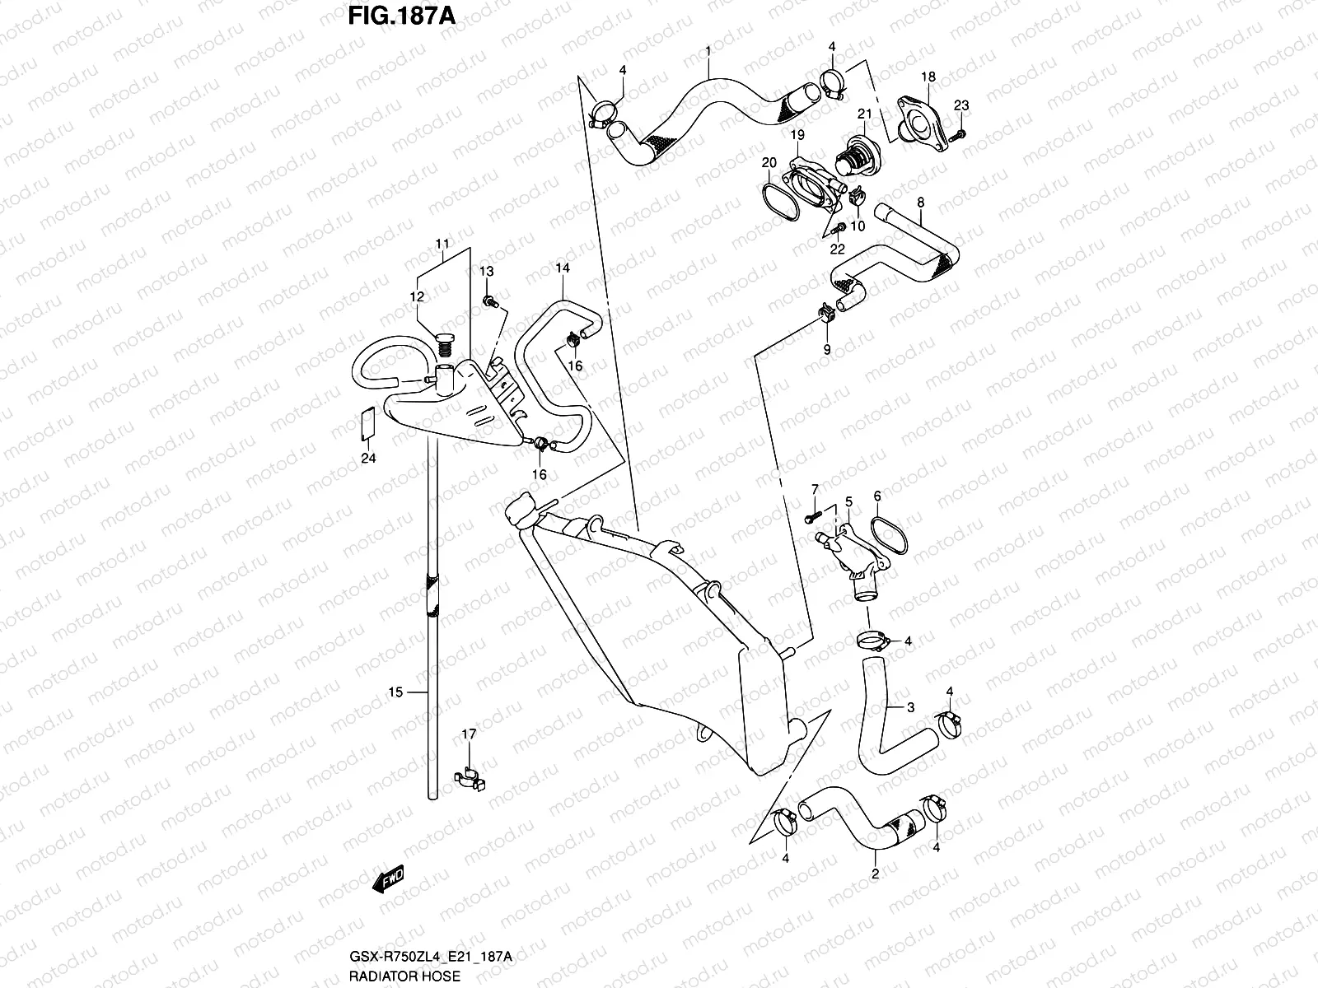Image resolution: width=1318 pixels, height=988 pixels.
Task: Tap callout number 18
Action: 928,77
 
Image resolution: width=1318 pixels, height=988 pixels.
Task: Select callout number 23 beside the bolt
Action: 962,105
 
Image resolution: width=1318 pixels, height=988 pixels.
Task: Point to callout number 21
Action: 865,114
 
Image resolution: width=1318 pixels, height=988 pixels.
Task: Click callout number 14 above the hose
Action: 563,268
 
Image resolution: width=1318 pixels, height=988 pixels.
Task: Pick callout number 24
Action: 368,458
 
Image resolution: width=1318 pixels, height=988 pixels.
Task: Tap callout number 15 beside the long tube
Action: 395,692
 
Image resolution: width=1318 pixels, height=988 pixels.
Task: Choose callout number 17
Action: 469,734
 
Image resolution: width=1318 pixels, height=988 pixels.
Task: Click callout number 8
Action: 920,202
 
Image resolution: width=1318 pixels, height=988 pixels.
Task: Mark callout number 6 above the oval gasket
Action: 877,496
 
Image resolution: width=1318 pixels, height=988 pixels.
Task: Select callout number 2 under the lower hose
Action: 875,874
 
